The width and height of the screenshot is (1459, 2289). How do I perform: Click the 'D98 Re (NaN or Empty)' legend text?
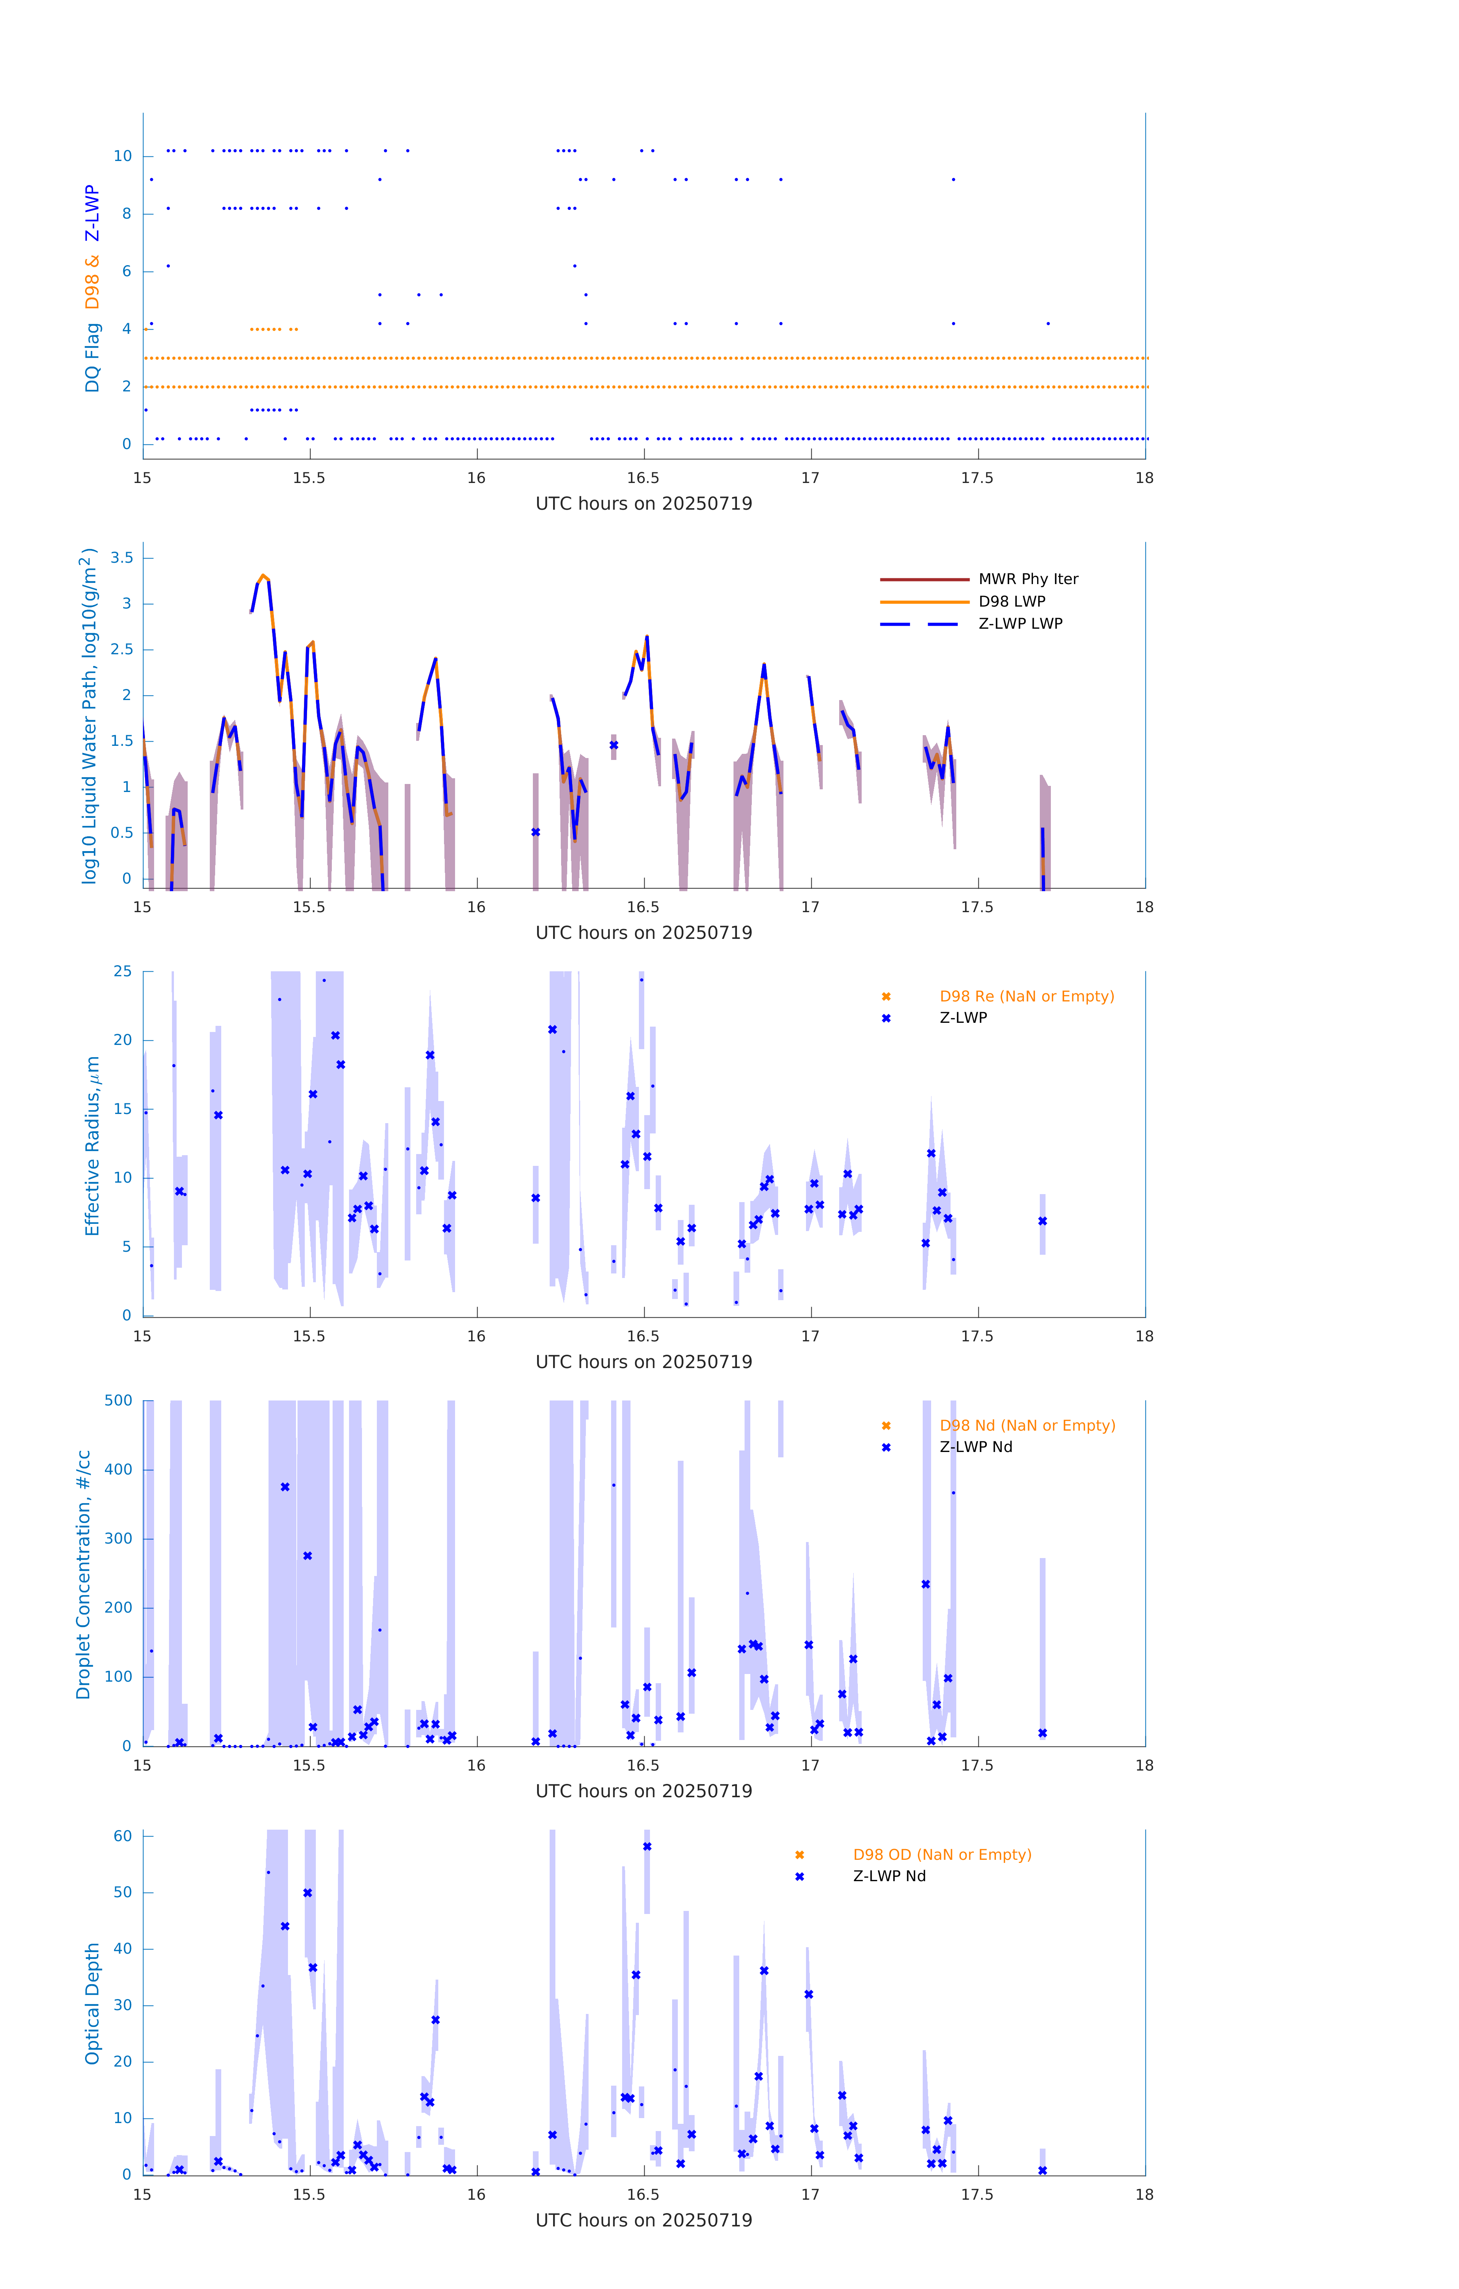1026,996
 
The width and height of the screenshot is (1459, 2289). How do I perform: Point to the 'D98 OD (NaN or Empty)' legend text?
942,1854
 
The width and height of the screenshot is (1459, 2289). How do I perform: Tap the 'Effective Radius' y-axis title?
92,1145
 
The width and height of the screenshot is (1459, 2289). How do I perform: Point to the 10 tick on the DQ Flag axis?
122,156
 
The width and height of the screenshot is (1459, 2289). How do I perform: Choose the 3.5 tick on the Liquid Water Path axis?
122,558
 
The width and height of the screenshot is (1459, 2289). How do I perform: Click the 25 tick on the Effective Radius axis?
122,972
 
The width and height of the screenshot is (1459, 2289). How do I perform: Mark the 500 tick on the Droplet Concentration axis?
119,1400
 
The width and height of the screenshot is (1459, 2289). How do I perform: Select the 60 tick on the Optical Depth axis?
122,1835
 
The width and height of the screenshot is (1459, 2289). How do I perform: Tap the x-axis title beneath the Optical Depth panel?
643,2220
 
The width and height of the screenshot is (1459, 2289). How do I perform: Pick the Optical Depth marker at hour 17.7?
1043,2170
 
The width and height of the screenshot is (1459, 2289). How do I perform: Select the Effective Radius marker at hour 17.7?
1043,1222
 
